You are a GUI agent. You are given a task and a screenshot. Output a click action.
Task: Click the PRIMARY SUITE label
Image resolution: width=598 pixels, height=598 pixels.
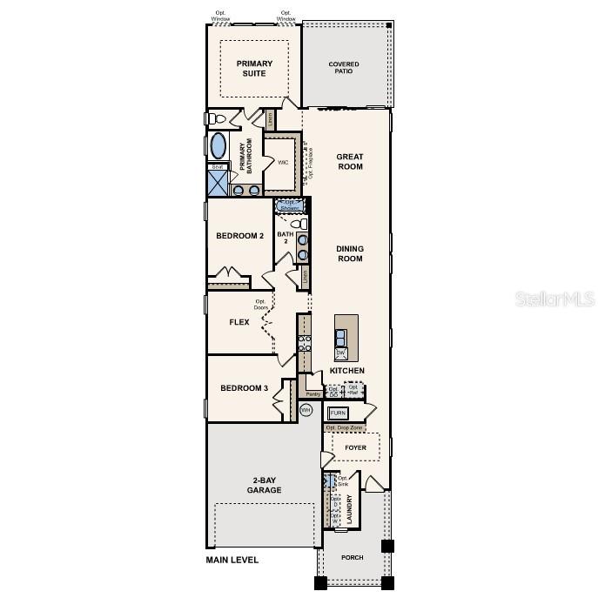(254, 68)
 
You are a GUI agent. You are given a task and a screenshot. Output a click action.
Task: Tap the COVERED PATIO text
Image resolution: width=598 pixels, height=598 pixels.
(343, 69)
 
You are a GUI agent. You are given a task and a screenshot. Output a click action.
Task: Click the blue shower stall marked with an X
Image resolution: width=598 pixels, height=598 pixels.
(216, 183)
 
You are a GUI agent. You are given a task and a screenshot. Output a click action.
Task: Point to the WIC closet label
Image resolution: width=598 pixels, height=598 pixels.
(283, 163)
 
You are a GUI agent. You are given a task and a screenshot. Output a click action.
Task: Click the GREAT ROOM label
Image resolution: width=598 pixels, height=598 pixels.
(349, 162)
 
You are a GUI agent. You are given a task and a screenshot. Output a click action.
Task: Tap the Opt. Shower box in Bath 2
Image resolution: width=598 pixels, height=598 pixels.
(289, 205)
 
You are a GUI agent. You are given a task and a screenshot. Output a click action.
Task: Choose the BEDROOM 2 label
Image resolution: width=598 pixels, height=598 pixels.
(239, 236)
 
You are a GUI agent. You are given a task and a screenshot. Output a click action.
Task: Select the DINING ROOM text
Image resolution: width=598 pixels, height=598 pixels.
(349, 253)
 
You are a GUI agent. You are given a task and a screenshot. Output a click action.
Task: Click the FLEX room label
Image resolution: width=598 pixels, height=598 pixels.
(239, 322)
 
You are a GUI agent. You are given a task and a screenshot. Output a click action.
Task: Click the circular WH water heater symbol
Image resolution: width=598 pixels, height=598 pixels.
(306, 409)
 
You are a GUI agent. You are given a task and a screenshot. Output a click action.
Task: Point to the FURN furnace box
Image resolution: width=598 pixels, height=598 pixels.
(338, 413)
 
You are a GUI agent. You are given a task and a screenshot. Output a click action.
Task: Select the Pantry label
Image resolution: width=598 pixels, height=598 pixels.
(312, 393)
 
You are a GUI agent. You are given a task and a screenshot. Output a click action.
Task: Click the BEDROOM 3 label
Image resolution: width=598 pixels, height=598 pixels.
(244, 388)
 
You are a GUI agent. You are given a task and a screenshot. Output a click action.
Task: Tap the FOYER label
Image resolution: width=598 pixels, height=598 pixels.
(355, 448)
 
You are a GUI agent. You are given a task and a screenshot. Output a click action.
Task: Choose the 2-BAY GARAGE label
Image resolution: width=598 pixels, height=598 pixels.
(264, 485)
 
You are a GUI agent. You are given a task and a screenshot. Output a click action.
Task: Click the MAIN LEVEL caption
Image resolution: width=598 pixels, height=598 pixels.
(232, 560)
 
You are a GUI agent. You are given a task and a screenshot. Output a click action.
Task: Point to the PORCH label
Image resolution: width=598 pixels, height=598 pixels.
(352, 557)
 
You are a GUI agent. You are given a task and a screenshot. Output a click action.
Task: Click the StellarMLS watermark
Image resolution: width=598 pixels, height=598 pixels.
(554, 299)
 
